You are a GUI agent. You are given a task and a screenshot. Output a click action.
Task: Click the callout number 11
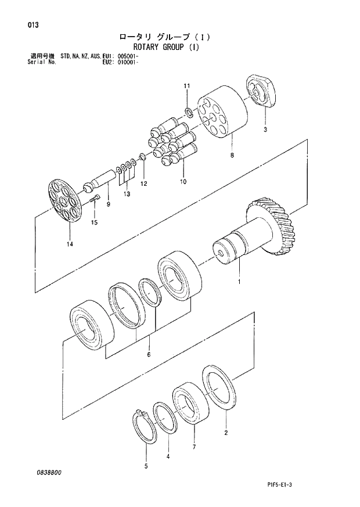click(187, 87)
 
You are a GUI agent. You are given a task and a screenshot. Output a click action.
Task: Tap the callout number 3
click(265, 130)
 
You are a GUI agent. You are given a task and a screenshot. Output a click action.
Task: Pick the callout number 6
click(149, 354)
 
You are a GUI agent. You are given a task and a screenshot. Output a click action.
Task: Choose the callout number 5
click(146, 466)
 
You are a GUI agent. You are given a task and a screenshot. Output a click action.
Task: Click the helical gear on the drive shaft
click(275, 226)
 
